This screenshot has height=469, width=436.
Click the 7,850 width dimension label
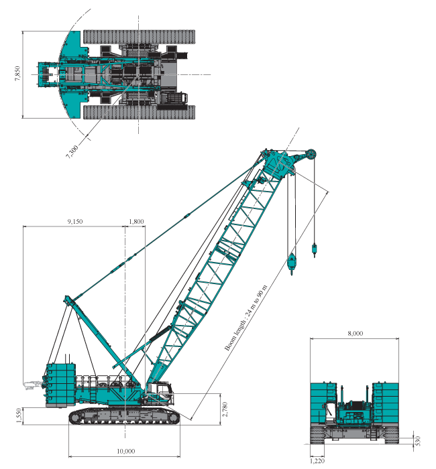tap(17, 73)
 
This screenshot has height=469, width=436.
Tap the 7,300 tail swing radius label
tap(72, 151)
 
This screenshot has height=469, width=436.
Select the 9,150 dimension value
tap(75, 222)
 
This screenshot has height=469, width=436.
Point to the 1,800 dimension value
tap(136, 222)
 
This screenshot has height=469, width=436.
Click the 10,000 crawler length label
tap(126, 451)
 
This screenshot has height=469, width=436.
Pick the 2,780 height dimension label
tap(225, 409)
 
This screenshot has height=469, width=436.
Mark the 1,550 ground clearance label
tap(19, 416)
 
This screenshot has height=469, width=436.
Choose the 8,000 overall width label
tap(356, 333)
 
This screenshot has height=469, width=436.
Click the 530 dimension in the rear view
tap(419, 441)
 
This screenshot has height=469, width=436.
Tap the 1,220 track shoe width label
tap(317, 461)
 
